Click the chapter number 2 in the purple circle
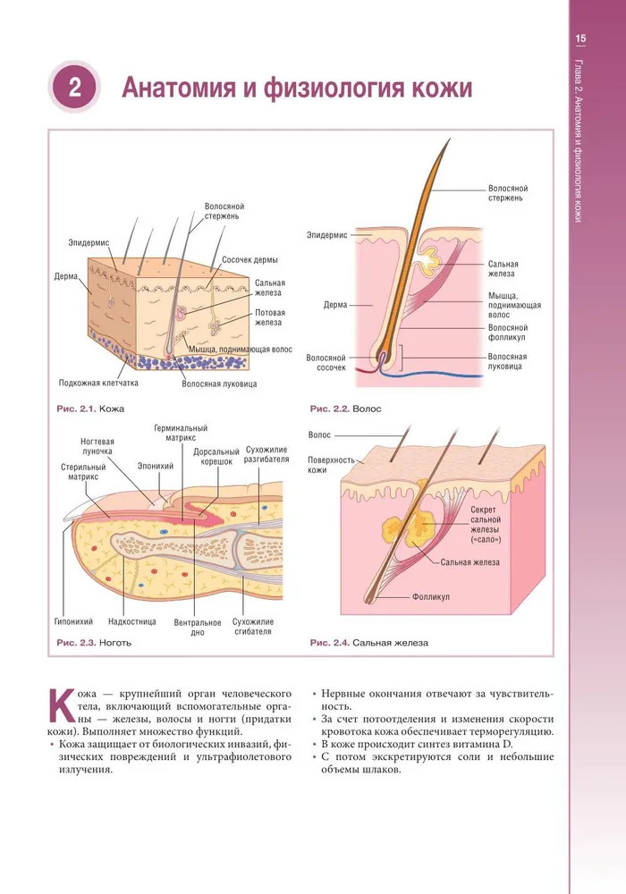(x=74, y=88)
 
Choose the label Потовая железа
(x=269, y=317)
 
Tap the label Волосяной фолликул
(x=508, y=333)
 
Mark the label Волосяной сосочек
(x=326, y=362)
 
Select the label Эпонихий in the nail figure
(x=156, y=466)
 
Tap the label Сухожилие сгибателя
(x=252, y=626)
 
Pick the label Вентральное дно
(x=198, y=626)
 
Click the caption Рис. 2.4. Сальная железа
(x=368, y=643)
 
